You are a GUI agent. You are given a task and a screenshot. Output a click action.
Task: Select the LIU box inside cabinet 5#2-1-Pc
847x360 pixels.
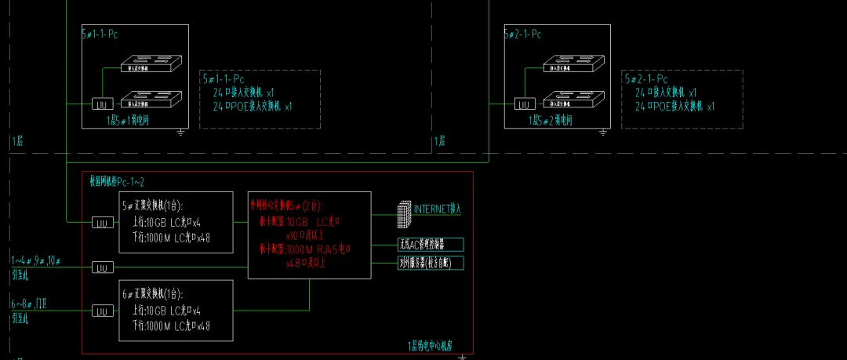pyautogui.click(x=523, y=103)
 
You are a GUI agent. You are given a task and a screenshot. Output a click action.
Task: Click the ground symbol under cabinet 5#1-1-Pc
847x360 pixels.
pyautogui.click(x=181, y=131)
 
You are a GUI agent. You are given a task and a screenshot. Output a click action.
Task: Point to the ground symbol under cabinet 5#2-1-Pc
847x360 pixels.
pyautogui.click(x=603, y=131)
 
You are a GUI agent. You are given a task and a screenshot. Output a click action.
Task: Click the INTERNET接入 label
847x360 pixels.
pyautogui.click(x=438, y=209)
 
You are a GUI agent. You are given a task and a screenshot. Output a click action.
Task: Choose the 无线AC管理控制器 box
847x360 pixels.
pyautogui.click(x=431, y=244)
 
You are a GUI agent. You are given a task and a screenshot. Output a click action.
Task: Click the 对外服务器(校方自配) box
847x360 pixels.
pyautogui.click(x=431, y=262)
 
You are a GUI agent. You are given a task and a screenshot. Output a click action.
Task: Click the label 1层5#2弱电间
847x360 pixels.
pyautogui.click(x=551, y=121)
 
